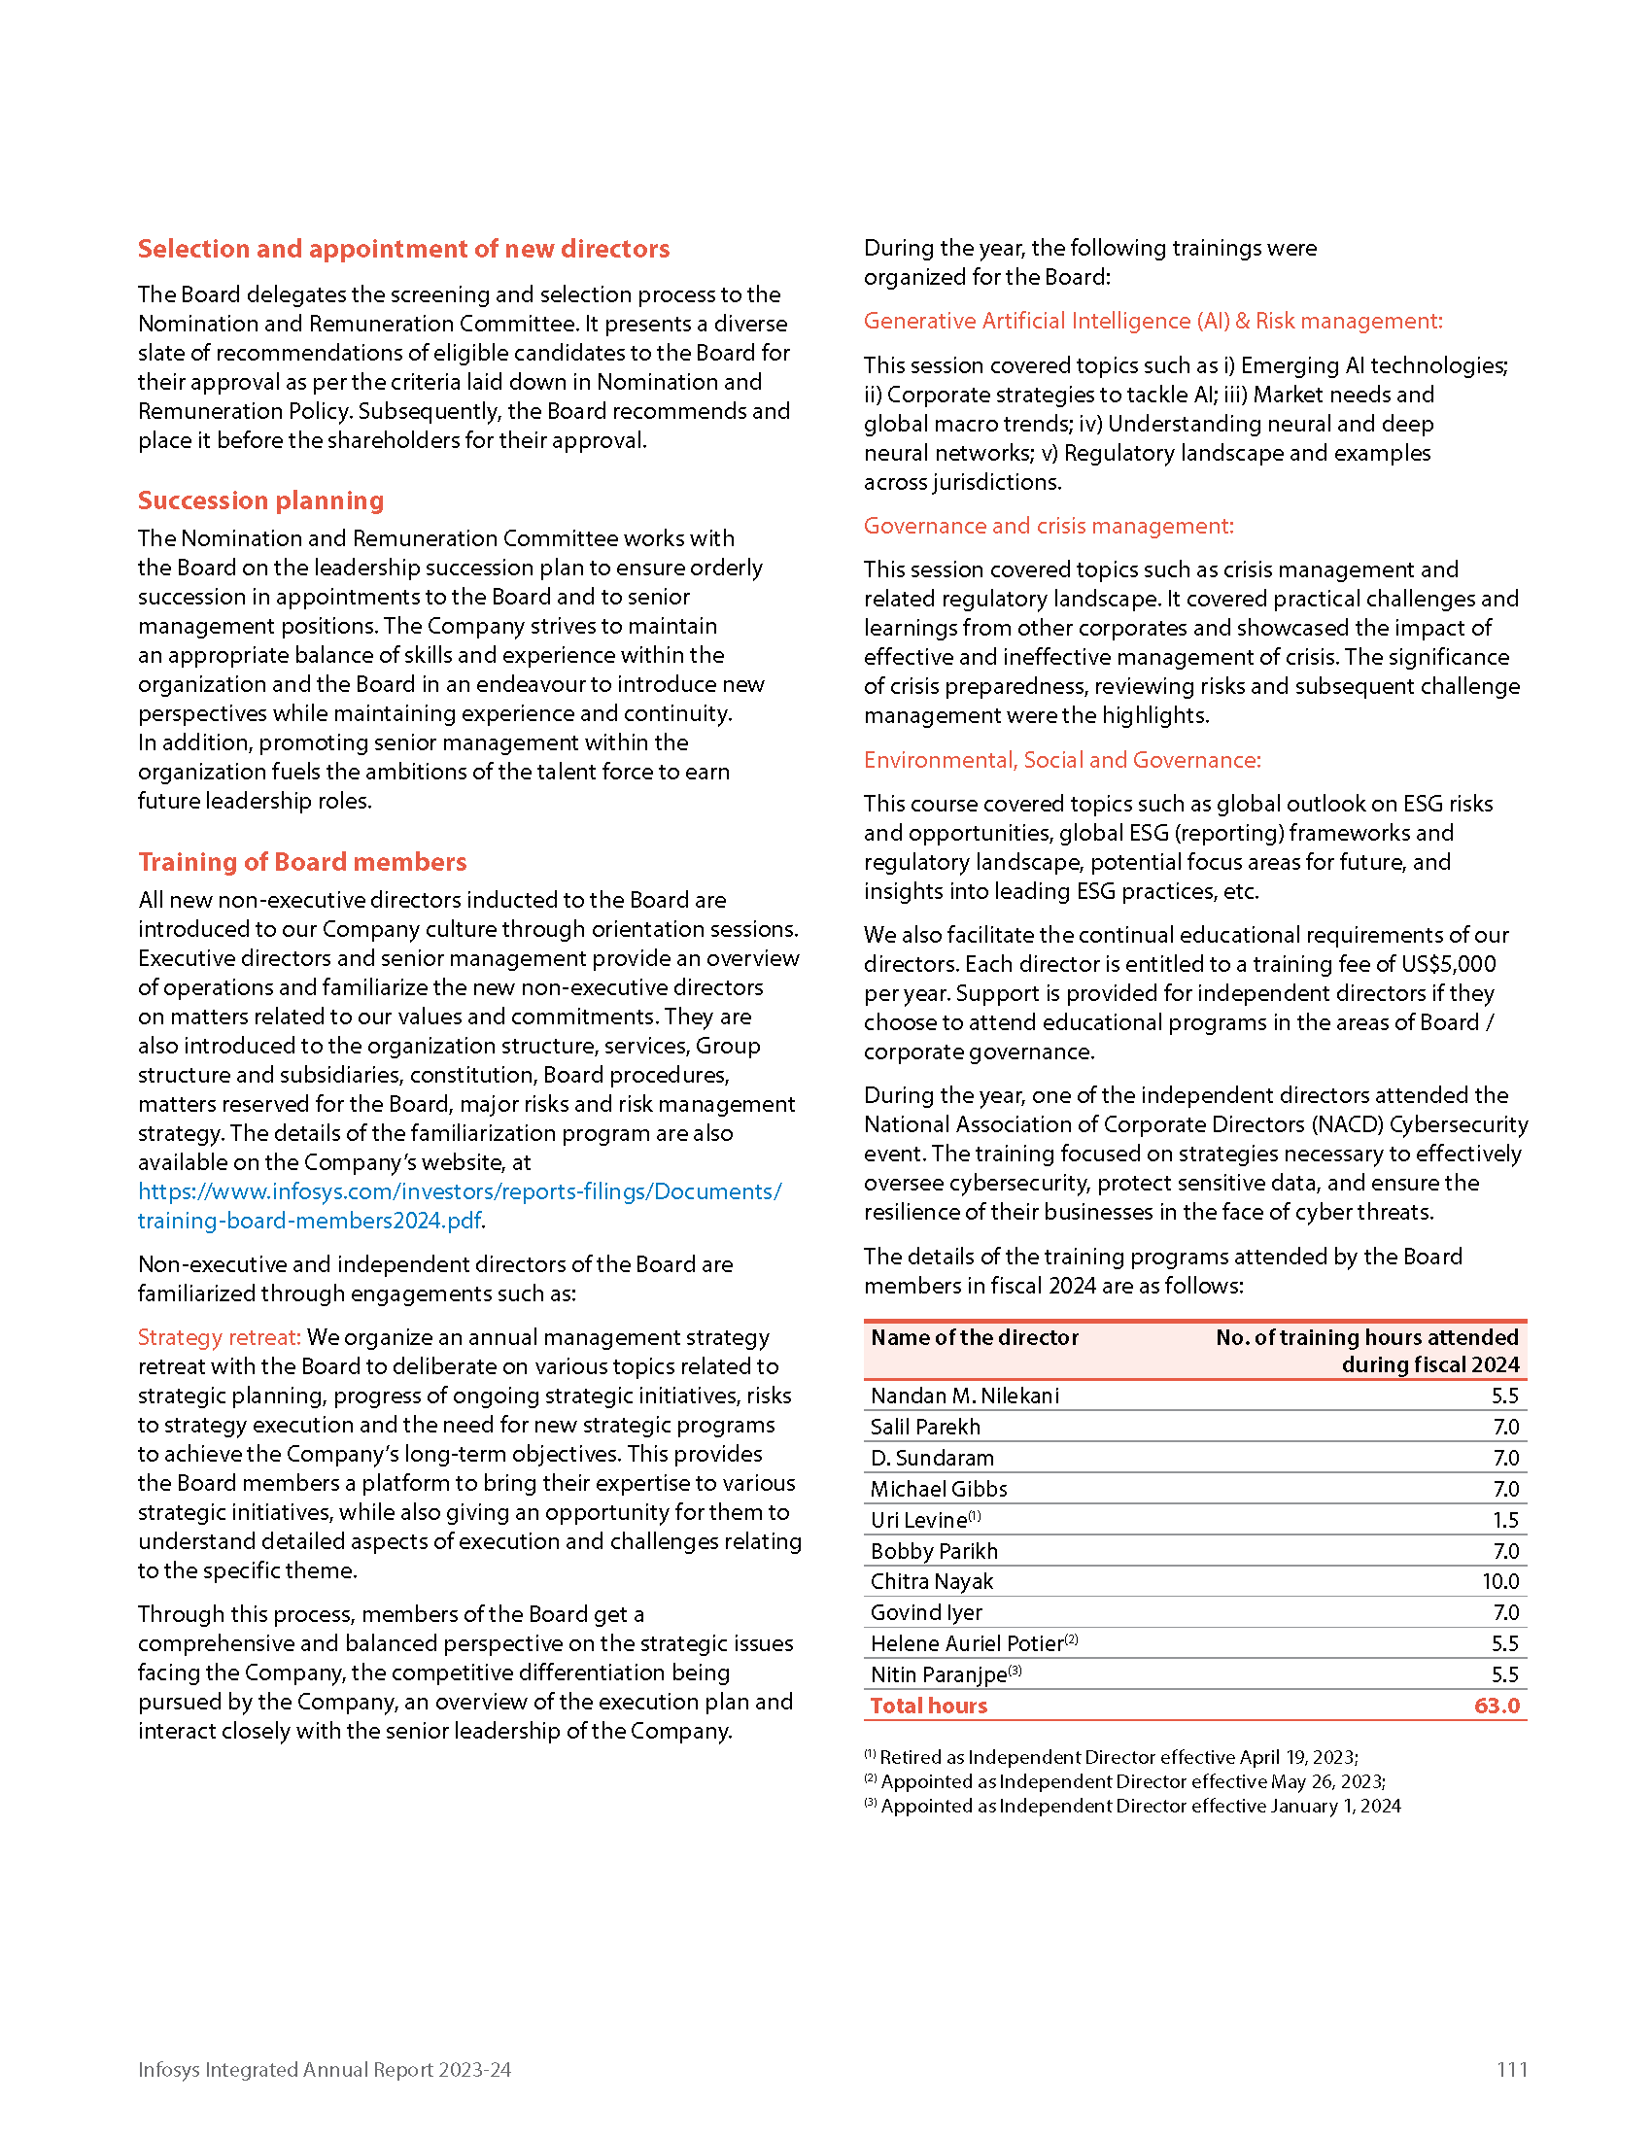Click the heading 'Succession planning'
(260, 500)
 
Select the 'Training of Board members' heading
(301, 861)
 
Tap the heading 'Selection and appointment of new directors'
(403, 249)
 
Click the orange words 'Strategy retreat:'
(219, 1337)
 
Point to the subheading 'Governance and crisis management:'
(1049, 526)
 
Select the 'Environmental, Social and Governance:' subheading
(1062, 760)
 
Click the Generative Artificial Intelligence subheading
(1152, 321)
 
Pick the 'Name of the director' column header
(974, 1337)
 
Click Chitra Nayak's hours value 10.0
(1499, 1581)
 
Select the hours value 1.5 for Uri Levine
(1505, 1520)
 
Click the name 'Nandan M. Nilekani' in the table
(964, 1396)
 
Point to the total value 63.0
(1496, 1706)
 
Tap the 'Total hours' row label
(928, 1706)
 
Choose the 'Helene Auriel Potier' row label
(966, 1643)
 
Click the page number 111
(1511, 2069)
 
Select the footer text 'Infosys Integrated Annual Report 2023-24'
(324, 2069)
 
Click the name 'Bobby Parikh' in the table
(934, 1551)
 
